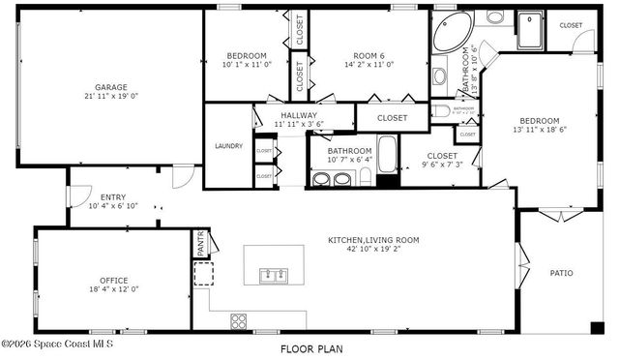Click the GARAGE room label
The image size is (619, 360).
tap(110, 87)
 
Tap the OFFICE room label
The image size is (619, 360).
tap(113, 281)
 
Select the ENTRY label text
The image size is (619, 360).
tap(113, 196)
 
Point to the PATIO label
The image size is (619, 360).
tap(561, 274)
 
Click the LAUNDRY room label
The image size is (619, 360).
tap(228, 146)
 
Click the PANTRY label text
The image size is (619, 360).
tap(201, 243)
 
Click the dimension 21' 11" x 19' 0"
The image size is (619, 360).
tap(110, 97)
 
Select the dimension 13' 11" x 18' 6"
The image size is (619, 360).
tap(539, 130)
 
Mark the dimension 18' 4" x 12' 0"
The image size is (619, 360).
tap(113, 289)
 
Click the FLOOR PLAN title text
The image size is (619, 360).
tap(310, 348)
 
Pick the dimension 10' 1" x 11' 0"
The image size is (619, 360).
tap(247, 65)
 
